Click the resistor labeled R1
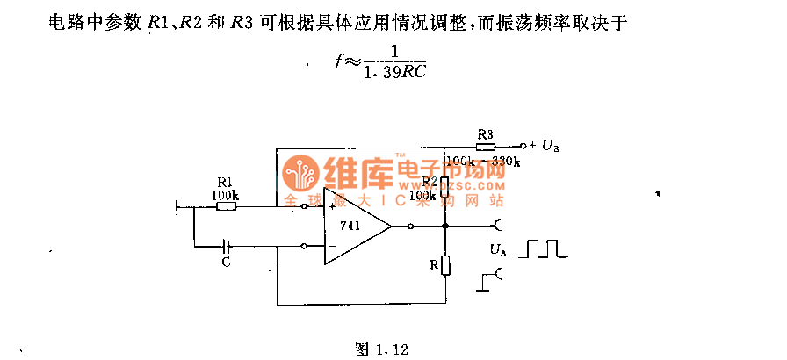[x=226, y=206]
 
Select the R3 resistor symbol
[x=485, y=146]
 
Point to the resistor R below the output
[x=445, y=266]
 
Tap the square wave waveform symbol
[x=543, y=248]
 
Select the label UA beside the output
[x=498, y=251]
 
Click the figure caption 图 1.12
[x=382, y=349]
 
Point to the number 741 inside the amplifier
[x=348, y=226]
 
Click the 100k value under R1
[x=225, y=193]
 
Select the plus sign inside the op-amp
[x=332, y=207]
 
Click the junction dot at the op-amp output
[x=445, y=227]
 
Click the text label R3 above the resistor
[x=485, y=133]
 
